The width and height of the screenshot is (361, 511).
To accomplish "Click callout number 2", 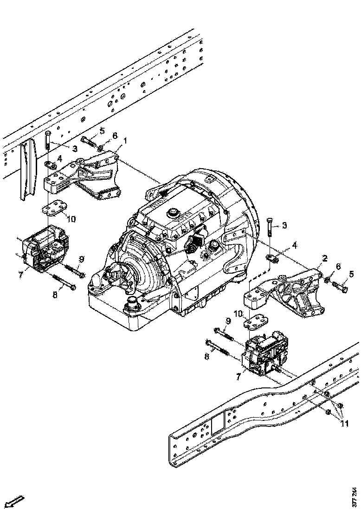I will [x=325, y=258].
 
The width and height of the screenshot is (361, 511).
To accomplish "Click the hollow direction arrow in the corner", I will [x=16, y=501].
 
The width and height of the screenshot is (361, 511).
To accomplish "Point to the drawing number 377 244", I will [x=355, y=496].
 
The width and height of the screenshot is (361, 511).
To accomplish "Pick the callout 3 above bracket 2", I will [x=284, y=225].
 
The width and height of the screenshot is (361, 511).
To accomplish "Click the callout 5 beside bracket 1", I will [x=102, y=131].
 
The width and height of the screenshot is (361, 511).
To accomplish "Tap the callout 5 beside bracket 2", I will [x=351, y=274].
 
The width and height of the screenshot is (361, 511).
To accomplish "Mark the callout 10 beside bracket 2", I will [x=239, y=314].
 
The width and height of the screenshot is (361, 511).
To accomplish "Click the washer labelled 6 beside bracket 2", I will [x=328, y=280].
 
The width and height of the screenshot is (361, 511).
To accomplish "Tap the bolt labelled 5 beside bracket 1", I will [x=89, y=139].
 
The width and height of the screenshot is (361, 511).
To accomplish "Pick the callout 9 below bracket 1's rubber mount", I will [x=81, y=259].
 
